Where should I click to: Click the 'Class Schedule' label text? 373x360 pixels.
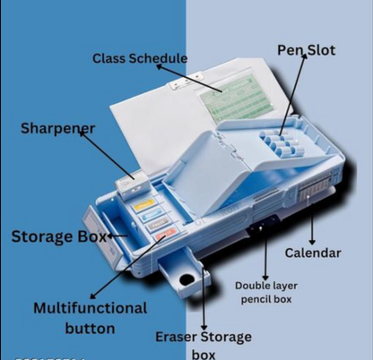(x=139, y=59)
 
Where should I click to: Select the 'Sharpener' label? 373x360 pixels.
(x=57, y=128)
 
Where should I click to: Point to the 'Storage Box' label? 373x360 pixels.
(x=53, y=237)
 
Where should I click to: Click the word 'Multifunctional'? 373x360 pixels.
(x=90, y=308)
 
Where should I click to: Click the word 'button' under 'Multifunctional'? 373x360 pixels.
(x=90, y=328)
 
